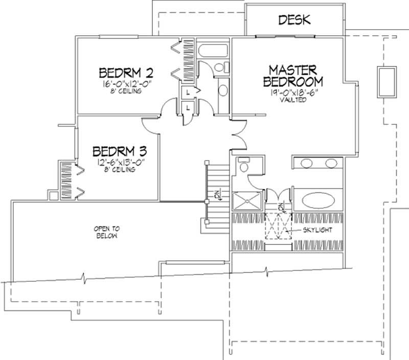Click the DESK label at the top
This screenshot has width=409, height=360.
click(x=294, y=20)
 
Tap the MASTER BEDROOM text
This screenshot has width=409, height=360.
click(x=293, y=76)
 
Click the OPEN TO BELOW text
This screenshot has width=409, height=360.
click(x=106, y=232)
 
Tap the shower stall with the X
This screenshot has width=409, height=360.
click(x=246, y=200)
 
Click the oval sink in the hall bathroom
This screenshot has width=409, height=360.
click(x=223, y=91)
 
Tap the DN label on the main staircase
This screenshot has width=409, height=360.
click(x=217, y=195)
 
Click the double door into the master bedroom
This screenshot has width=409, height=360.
click(x=237, y=133)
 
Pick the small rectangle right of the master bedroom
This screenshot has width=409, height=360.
click(x=387, y=81)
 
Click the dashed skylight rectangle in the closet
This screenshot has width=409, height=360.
click(x=278, y=226)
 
